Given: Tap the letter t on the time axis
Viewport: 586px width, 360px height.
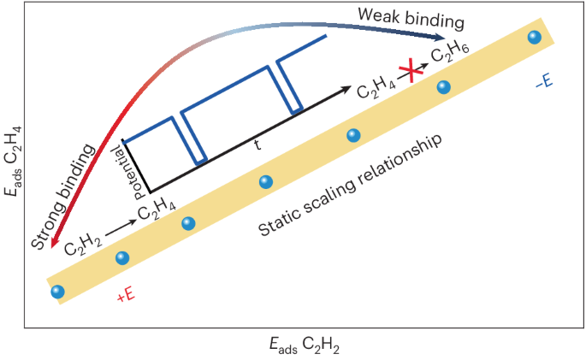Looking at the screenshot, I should point(257,145).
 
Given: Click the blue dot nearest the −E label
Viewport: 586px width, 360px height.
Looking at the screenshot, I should point(535,37).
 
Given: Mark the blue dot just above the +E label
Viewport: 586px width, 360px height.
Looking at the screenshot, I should point(122,257).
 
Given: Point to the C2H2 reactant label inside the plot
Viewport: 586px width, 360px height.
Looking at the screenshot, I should point(83,250).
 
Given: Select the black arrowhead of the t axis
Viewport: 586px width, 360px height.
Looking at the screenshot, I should point(349,88).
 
